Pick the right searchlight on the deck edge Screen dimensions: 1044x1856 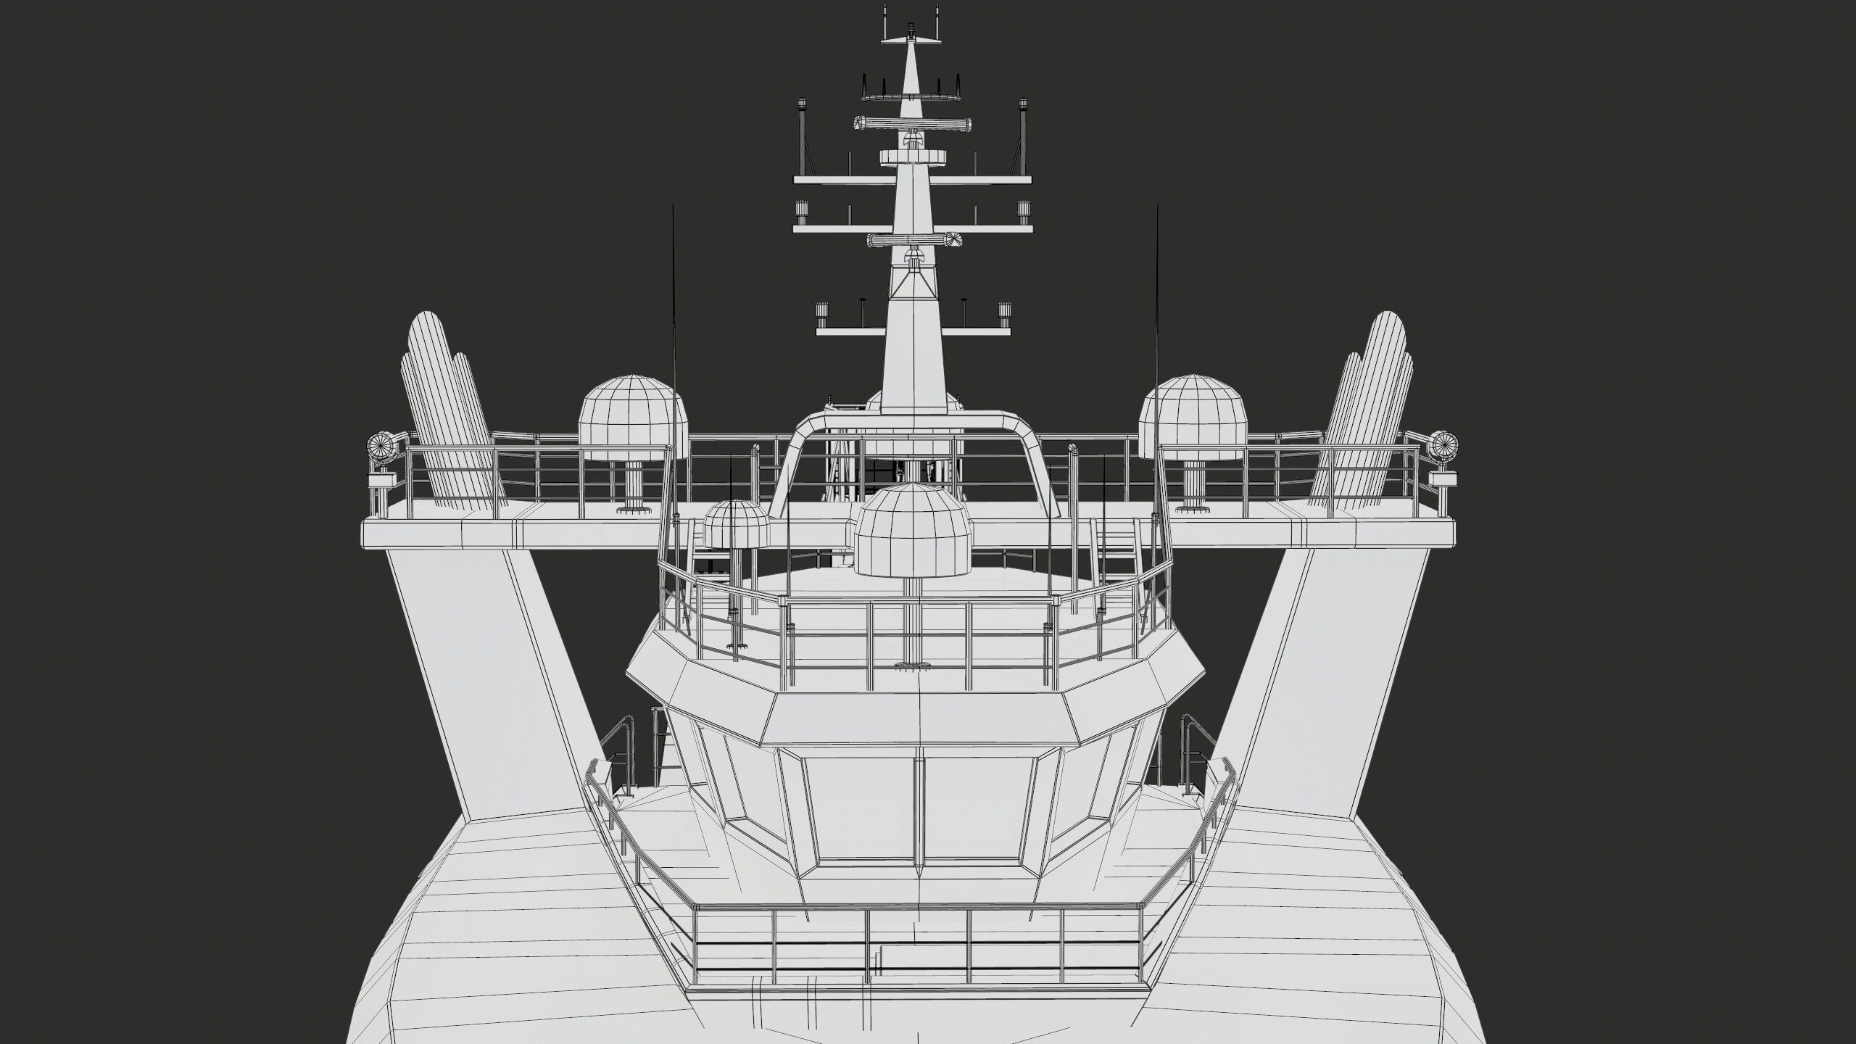(1443, 445)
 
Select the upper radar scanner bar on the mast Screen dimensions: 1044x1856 (912, 124)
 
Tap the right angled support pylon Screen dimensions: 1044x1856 (1327, 689)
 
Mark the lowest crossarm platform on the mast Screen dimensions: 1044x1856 (912, 331)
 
